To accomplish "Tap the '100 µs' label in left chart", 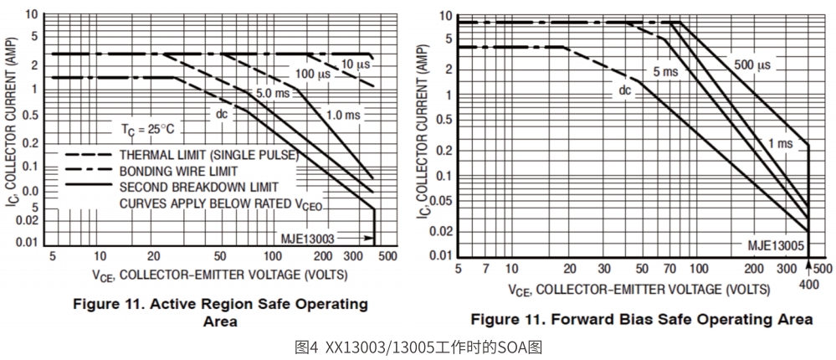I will tap(312, 75).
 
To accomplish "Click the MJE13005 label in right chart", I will tap(776, 244).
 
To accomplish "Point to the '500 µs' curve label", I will tap(752, 64).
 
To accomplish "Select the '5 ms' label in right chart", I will tap(665, 72).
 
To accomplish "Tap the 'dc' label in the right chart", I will tap(625, 90).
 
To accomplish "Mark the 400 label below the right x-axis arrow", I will tap(808, 285).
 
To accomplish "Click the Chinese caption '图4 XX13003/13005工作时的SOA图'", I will tap(418, 346).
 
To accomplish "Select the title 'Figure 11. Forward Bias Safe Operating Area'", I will tap(641, 319).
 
